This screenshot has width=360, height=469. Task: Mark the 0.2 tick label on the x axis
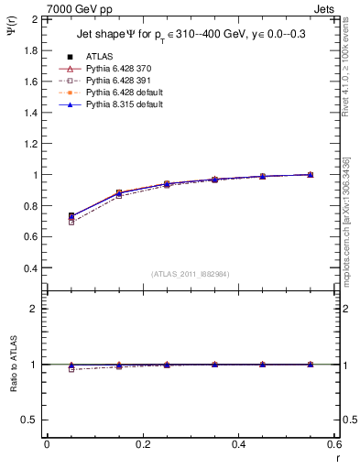point(143,444)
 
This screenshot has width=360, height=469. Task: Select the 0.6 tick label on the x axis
point(334,444)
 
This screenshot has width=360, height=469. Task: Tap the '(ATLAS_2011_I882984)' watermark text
point(190,274)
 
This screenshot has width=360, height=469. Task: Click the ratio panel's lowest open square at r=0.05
point(71,369)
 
